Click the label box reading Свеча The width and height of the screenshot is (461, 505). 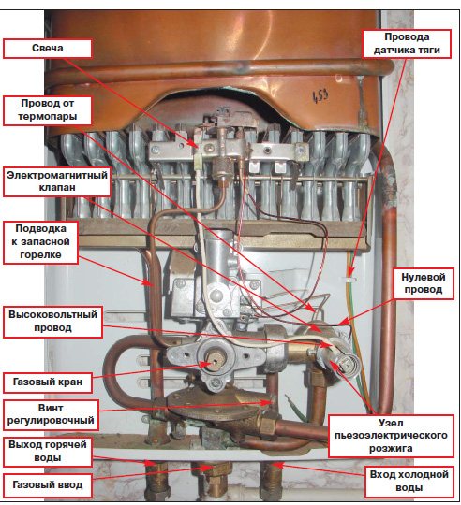pyautogui.click(x=48, y=49)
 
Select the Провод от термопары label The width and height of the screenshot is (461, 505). pyautogui.click(x=48, y=110)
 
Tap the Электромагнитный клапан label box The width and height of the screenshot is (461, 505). pyautogui.click(x=57, y=181)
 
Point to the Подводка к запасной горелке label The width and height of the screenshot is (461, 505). pyautogui.click(x=40, y=242)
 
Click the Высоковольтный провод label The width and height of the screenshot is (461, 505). pyautogui.click(x=52, y=322)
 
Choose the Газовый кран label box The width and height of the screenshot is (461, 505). pyautogui.click(x=48, y=382)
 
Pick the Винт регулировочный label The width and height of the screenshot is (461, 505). pyautogui.click(x=51, y=414)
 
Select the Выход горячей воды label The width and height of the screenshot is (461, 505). pyautogui.click(x=48, y=451)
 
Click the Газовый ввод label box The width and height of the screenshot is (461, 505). pyautogui.click(x=48, y=484)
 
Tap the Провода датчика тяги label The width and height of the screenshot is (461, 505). pyautogui.click(x=407, y=44)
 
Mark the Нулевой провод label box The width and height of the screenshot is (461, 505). pyautogui.click(x=424, y=283)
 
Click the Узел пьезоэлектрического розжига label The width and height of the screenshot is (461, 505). pyautogui.click(x=391, y=436)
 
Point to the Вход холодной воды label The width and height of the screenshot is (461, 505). pyautogui.click(x=409, y=482)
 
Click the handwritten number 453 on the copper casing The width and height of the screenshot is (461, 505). pyautogui.click(x=320, y=96)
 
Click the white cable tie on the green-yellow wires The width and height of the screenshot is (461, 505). pyautogui.click(x=349, y=277)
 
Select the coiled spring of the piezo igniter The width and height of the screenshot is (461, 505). pyautogui.click(x=346, y=366)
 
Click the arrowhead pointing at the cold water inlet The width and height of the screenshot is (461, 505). pyautogui.click(x=278, y=465)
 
